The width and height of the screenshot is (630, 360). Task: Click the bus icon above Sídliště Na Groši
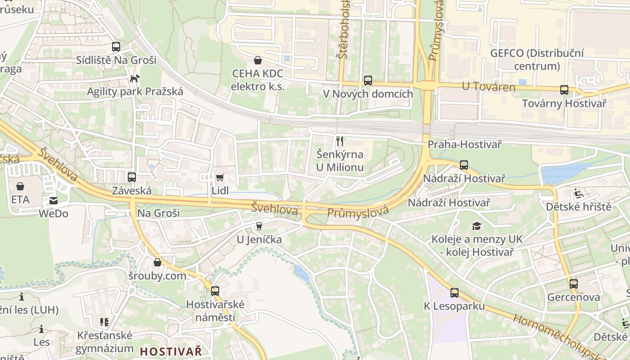pyautogui.click(x=116, y=46)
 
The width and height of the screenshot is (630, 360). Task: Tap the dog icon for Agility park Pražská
pyautogui.click(x=134, y=78)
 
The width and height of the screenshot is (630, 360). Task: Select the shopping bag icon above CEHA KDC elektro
pyautogui.click(x=258, y=60)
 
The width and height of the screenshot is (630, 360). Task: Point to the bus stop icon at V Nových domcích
pyautogui.click(x=368, y=81)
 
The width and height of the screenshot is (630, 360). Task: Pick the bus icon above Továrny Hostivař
pyautogui.click(x=564, y=90)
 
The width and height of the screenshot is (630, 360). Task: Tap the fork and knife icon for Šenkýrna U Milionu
pyautogui.click(x=340, y=141)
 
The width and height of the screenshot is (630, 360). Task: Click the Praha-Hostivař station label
pyautogui.click(x=464, y=144)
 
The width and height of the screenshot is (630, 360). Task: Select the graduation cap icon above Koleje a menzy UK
pyautogui.click(x=477, y=226)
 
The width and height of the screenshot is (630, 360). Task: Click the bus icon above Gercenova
pyautogui.click(x=573, y=284)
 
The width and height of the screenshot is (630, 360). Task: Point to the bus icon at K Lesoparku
pyautogui.click(x=454, y=293)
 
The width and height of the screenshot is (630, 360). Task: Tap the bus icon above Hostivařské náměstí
pyautogui.click(x=215, y=291)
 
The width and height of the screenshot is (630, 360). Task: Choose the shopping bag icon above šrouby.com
pyautogui.click(x=157, y=262)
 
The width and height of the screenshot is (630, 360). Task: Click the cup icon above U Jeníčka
pyautogui.click(x=259, y=226)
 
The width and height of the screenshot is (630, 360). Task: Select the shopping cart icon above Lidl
pyautogui.click(x=220, y=177)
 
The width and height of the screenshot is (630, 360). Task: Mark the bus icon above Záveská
pyautogui.click(x=131, y=177)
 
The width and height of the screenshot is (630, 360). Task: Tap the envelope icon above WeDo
pyautogui.click(x=54, y=200)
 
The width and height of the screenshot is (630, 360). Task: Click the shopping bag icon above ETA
pyautogui.click(x=20, y=186)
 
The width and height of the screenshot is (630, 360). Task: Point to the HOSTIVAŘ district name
pyautogui.click(x=171, y=351)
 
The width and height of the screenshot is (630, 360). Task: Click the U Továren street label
pyautogui.click(x=489, y=86)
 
